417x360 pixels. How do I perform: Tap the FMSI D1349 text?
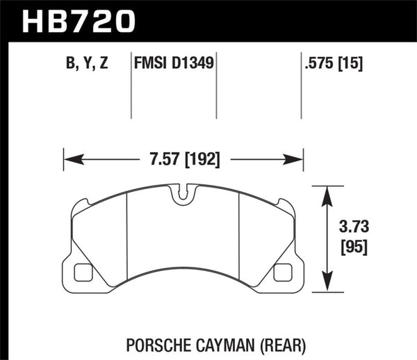pos(173,64)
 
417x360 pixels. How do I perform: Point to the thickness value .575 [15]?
pos(332,64)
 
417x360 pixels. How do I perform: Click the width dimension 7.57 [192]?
pos(184,160)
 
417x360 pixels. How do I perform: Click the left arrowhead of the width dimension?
pos(67,160)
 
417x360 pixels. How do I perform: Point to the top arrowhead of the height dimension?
pos(327,190)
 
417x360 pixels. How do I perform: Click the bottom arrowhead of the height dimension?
pos(327,287)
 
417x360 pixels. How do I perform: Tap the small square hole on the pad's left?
pos(82,272)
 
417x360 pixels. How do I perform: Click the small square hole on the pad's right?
pos(283,272)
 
